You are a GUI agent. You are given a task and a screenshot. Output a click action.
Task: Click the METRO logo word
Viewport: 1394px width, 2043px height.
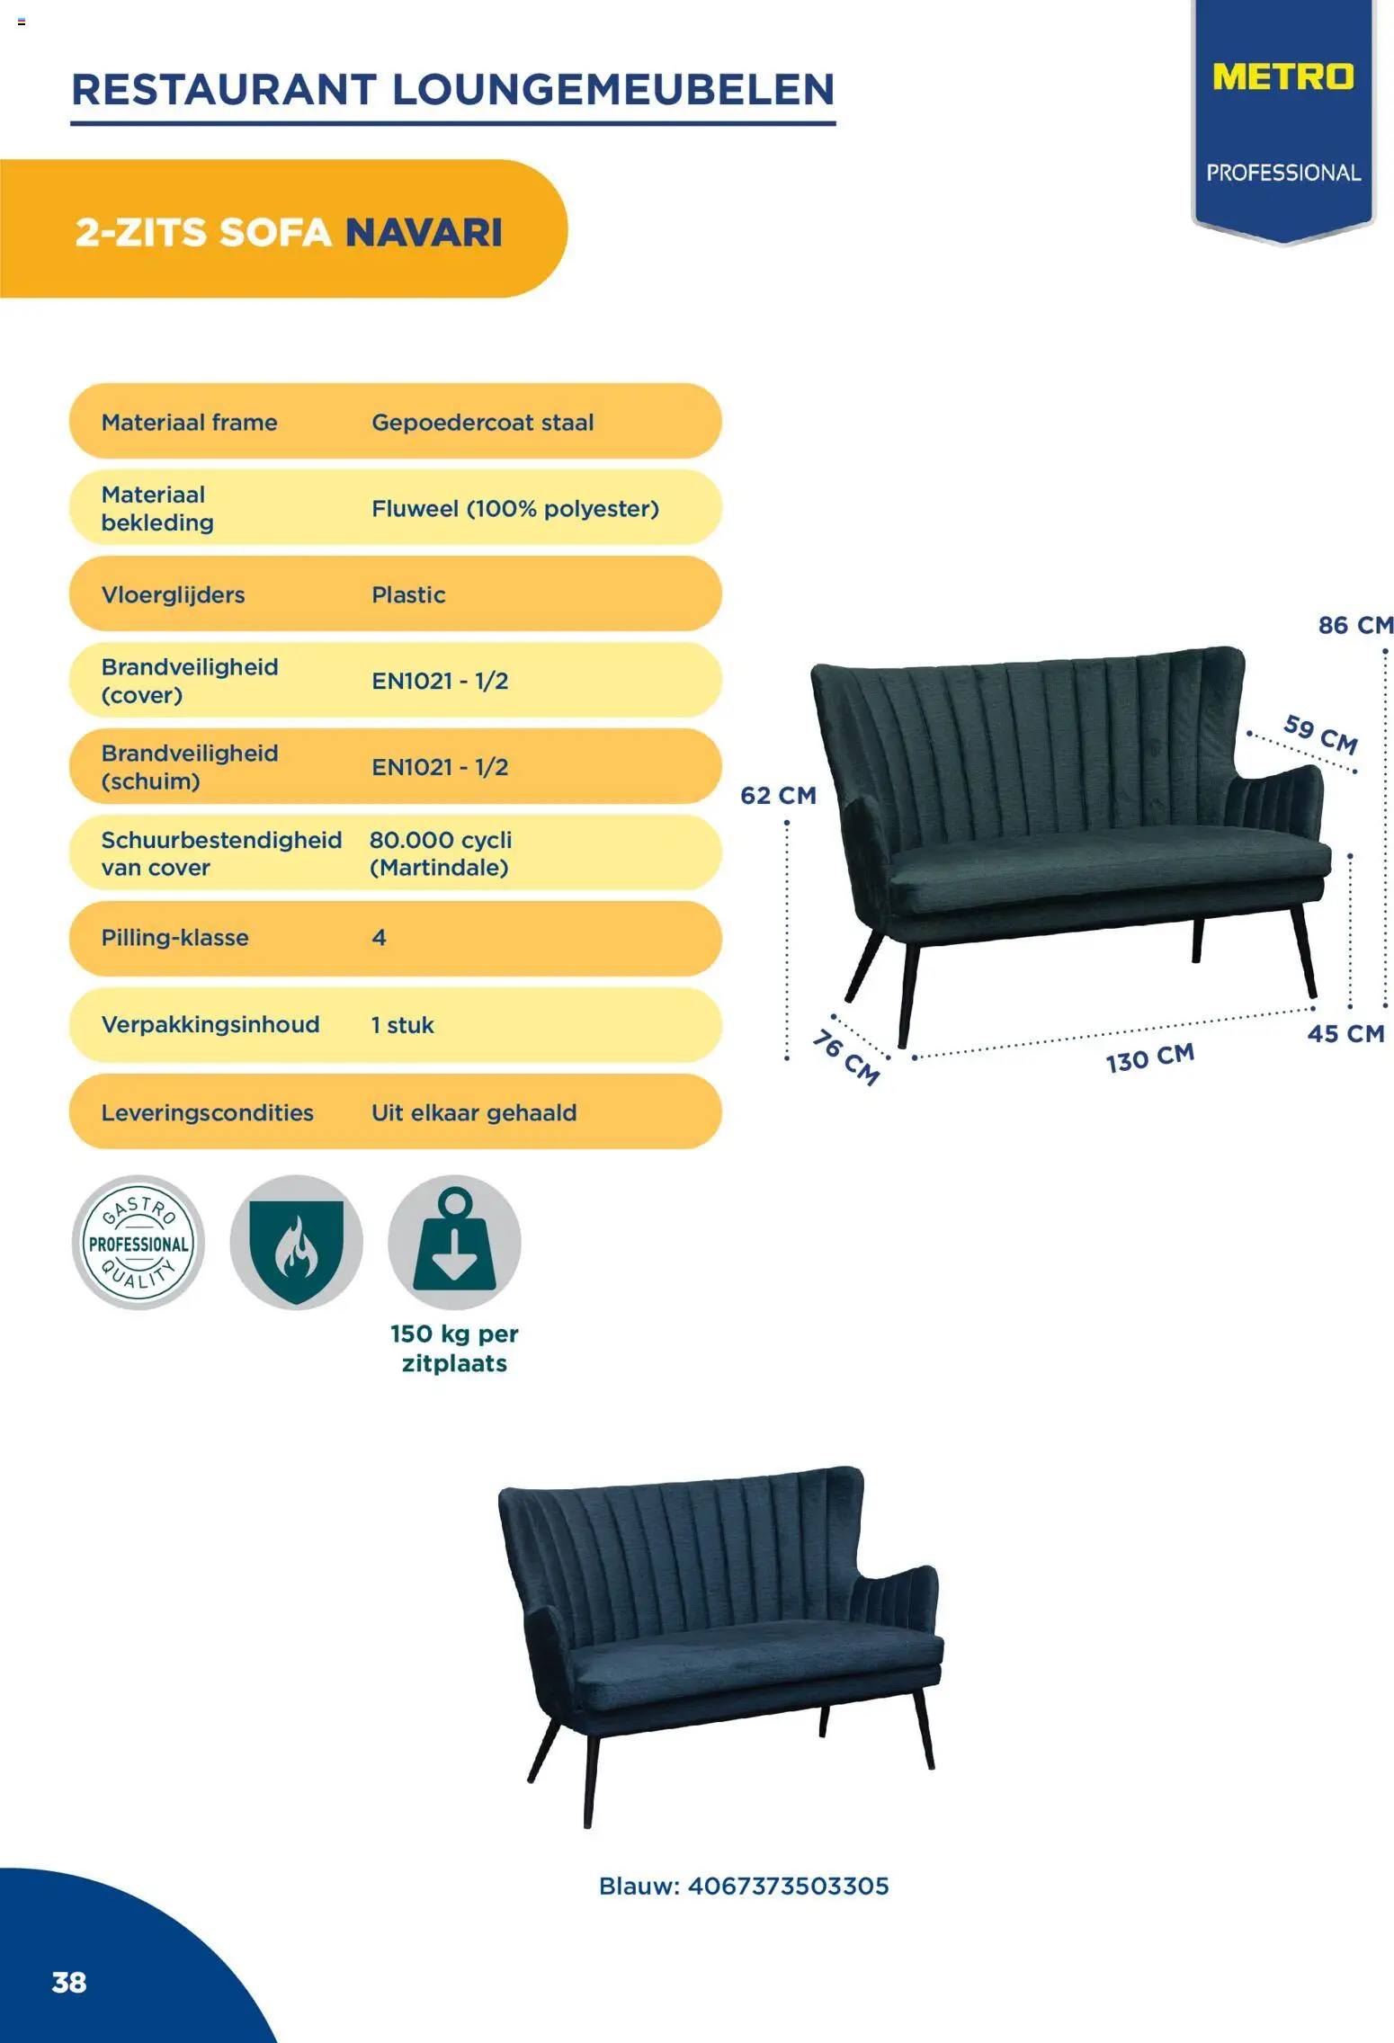1282,76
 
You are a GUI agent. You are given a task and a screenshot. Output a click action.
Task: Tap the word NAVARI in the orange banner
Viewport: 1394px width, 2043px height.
424,232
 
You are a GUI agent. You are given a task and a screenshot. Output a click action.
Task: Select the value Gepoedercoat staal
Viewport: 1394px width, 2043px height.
483,422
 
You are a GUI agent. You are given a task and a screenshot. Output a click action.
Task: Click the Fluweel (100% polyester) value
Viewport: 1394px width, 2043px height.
515,508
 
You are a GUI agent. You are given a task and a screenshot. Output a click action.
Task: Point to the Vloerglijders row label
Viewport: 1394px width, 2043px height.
173,594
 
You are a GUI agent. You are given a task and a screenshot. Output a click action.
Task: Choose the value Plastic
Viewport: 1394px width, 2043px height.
408,594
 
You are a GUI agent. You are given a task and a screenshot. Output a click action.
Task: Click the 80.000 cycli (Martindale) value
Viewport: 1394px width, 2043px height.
441,853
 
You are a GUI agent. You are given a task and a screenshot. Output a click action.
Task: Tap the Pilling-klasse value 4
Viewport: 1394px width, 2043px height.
379,937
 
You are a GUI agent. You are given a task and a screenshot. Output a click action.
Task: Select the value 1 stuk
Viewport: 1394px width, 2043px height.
402,1024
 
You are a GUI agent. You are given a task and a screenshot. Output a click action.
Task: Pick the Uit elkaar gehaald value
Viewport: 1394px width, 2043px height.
474,1112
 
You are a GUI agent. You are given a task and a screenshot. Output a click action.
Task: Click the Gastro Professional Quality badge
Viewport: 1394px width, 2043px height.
139,1242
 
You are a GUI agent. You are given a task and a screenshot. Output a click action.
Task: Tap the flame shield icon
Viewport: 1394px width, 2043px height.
296,1242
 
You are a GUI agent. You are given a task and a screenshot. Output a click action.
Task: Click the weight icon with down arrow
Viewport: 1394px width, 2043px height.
454,1242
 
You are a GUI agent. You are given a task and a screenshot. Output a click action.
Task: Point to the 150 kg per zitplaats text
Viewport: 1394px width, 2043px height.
454,1348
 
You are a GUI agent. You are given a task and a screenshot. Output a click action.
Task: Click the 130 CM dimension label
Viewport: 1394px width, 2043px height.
1150,1057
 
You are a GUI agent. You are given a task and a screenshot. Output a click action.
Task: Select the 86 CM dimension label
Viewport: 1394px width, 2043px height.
1356,625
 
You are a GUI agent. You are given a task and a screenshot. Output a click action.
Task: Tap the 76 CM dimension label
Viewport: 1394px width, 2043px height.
845,1057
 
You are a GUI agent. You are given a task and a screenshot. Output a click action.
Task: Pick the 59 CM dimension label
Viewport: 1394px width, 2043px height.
1320,733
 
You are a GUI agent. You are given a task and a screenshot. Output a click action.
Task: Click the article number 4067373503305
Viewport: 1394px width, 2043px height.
788,1886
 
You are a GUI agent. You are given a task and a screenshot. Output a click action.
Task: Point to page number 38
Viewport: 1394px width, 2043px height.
69,1982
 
